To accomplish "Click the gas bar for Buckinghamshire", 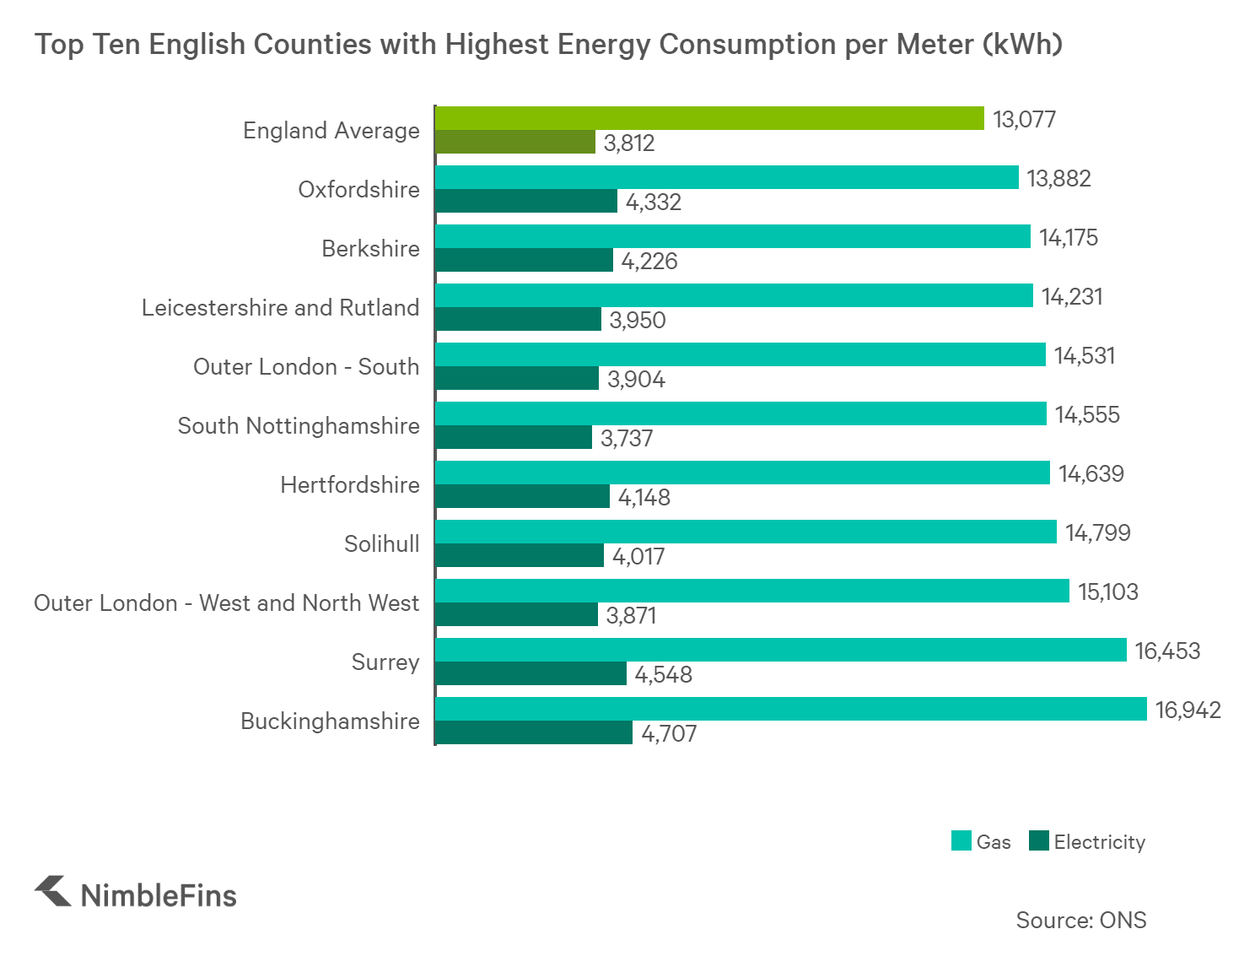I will point(791,709).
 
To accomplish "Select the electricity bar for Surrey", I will point(531,673).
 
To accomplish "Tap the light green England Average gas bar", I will point(709,118).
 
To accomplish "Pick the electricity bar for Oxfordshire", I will point(526,201).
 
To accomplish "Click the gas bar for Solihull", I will point(746,532).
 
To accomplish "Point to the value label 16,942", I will point(1188,710).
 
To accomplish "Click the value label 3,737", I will point(626,438).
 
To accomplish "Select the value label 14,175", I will point(1068,237).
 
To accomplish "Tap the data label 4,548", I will point(663,674).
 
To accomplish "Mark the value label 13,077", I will point(1024,119).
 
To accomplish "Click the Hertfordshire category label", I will point(349,484).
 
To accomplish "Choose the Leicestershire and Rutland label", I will point(280,307).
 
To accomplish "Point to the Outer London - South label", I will point(306,366).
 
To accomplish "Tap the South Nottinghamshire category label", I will point(299,425).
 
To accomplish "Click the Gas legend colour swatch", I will point(961,841).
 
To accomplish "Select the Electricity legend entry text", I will point(1099,842).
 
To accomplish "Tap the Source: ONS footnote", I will point(1080,920).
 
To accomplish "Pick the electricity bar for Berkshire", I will point(524,260).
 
